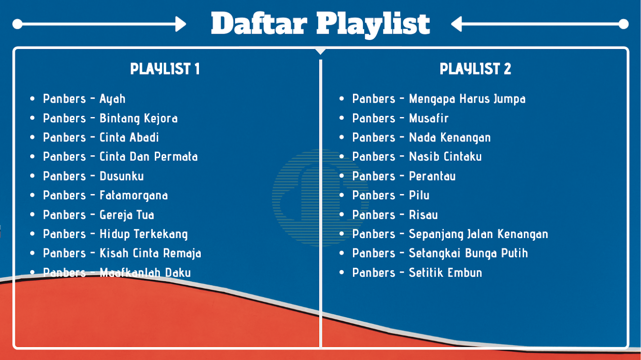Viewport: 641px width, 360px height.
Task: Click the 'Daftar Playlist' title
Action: click(320, 24)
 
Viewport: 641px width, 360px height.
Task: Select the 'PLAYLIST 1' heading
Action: click(165, 69)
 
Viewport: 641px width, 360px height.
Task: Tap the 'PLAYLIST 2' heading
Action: click(475, 69)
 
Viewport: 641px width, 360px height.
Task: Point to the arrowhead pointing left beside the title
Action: click(456, 24)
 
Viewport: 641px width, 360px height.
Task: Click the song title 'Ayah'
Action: click(113, 99)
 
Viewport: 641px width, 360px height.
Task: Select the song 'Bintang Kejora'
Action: click(139, 118)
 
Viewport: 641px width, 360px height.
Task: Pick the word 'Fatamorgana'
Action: click(134, 196)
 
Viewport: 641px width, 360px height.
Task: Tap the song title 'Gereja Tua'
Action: click(127, 215)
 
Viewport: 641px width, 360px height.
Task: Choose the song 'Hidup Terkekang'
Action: click(144, 234)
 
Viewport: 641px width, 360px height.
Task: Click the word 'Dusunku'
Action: click(122, 176)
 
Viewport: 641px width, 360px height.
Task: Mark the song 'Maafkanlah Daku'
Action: click(145, 273)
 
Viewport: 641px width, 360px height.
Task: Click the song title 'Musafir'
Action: click(429, 118)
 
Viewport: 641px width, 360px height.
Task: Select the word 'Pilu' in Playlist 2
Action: click(419, 195)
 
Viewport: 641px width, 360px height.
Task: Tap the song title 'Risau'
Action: click(423, 215)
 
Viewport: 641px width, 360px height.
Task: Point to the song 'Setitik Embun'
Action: click(445, 273)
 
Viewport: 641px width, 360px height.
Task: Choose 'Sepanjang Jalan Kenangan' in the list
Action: click(478, 234)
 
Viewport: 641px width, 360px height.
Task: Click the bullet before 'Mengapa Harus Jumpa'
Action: click(341, 99)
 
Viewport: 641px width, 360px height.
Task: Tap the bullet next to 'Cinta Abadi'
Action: click(32, 137)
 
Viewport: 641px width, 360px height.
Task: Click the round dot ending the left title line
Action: click(18, 24)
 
